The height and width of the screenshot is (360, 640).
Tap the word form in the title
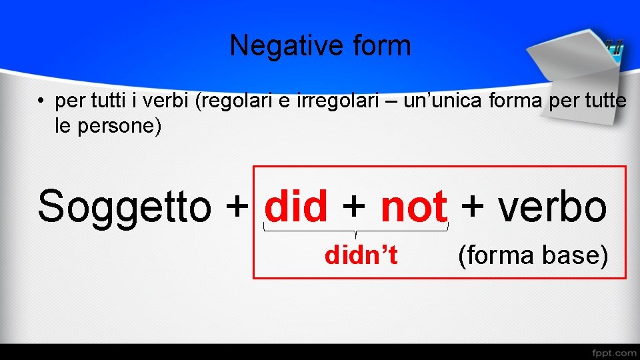[x=381, y=46]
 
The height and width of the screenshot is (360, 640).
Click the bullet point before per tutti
[x=41, y=102]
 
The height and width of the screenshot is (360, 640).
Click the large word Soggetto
[x=123, y=207]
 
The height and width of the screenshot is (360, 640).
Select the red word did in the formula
[x=296, y=207]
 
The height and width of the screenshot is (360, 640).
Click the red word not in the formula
[x=413, y=207]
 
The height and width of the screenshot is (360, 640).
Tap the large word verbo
[x=553, y=207]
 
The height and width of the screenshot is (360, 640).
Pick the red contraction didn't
[x=361, y=255]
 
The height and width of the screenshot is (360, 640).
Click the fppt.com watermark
[x=614, y=351]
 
